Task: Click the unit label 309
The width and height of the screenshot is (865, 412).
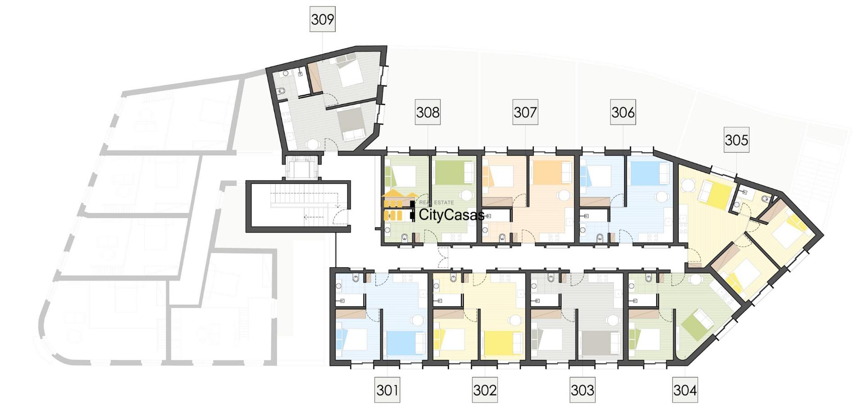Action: [323, 19]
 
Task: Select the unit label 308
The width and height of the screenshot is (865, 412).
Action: [428, 112]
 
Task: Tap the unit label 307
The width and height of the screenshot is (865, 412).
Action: [525, 112]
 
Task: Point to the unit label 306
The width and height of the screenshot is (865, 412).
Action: [623, 112]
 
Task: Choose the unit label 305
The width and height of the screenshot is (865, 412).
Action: [737, 140]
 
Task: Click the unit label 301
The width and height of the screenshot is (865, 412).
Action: [387, 390]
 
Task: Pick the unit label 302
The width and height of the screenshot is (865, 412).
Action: [485, 390]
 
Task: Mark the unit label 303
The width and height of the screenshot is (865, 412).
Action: [583, 390]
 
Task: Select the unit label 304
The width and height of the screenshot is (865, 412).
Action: [685, 390]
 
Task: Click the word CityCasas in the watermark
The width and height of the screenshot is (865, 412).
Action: [451, 215]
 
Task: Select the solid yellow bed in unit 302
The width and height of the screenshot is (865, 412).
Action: [504, 343]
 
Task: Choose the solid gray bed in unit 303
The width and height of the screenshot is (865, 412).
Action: [601, 343]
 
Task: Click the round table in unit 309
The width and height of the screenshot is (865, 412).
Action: [312, 144]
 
